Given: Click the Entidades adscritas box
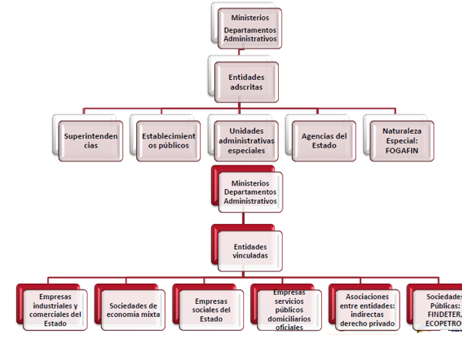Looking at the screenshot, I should click(x=246, y=82).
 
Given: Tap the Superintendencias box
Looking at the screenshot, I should click(x=91, y=141).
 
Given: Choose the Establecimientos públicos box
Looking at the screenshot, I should click(x=169, y=141).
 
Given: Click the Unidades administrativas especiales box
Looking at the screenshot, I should click(x=246, y=141).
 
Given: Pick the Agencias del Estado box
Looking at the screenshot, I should click(x=323, y=141).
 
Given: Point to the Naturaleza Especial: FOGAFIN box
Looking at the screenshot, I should click(x=401, y=141).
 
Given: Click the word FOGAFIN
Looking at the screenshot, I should click(x=401, y=151).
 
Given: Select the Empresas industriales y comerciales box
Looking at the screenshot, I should click(x=54, y=309).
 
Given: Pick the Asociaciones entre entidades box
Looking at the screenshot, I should click(x=367, y=309).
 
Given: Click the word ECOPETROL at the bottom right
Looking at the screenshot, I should click(x=443, y=324).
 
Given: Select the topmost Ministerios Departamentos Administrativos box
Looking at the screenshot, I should click(x=249, y=28).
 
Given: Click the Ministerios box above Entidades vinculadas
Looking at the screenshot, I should click(x=249, y=192).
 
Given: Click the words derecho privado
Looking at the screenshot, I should click(x=367, y=324).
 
